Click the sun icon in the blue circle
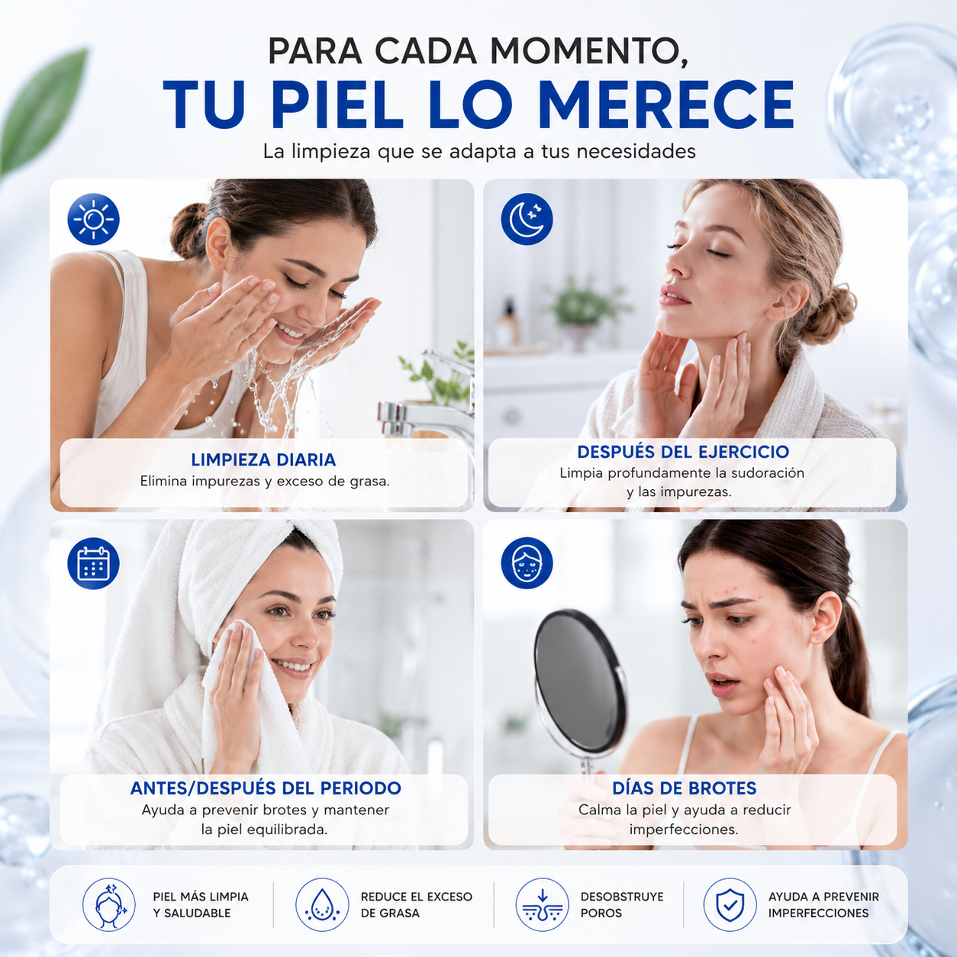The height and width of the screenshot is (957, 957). [93, 219]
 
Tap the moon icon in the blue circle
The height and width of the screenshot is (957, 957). [527, 219]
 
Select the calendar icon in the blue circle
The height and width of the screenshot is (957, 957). [93, 563]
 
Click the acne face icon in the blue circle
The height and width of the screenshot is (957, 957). [527, 563]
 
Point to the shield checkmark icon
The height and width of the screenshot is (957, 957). [730, 905]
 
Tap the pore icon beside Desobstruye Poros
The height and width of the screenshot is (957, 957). [543, 905]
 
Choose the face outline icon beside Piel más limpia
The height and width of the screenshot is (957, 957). [109, 905]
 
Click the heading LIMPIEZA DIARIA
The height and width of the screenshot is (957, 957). [263, 459]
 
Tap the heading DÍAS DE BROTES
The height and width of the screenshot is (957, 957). [685, 788]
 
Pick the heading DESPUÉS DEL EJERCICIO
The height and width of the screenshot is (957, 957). [683, 452]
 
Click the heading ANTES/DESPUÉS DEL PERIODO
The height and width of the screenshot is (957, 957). [266, 788]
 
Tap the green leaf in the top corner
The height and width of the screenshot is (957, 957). [42, 111]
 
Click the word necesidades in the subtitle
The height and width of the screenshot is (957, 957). [636, 151]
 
